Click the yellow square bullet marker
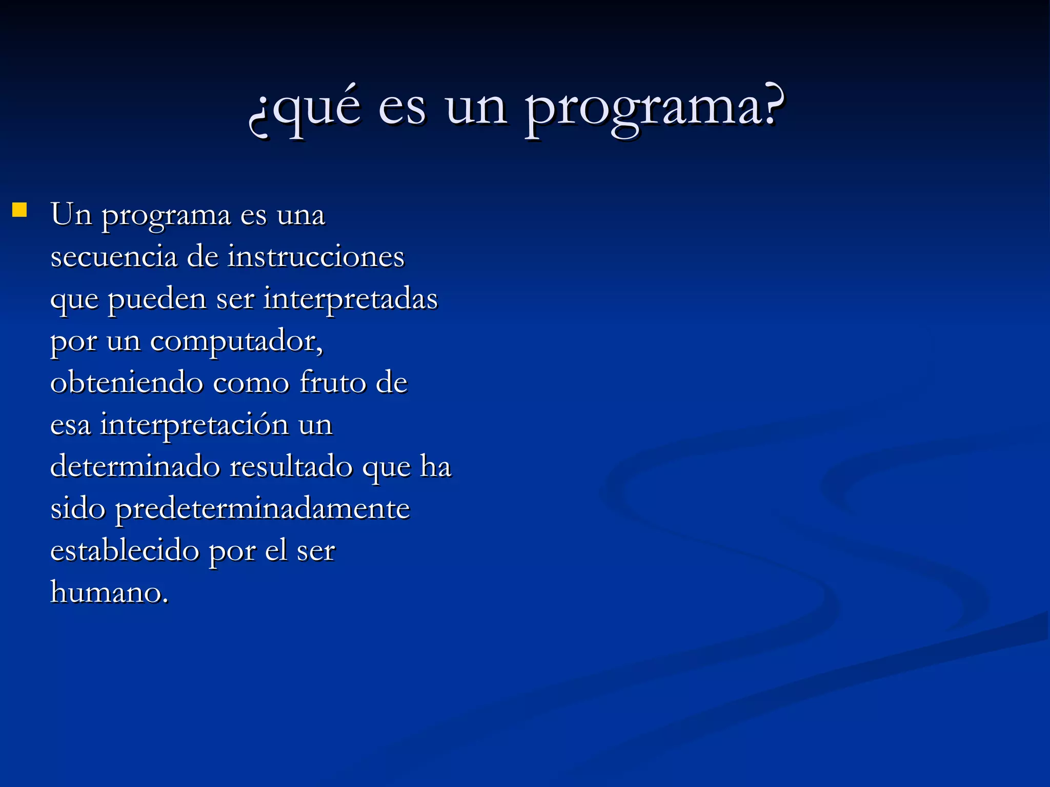19,210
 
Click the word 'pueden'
157,299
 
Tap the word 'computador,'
236,341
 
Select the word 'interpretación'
194,425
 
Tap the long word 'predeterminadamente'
262,509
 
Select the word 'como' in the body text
251,383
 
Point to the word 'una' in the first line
301,215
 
